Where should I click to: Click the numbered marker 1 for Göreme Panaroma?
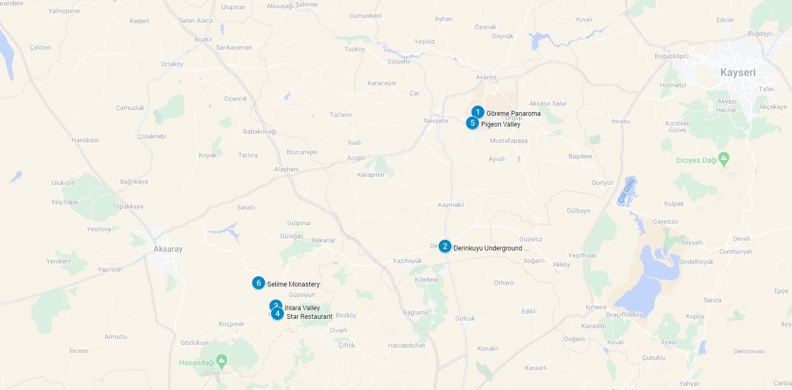click(477, 112)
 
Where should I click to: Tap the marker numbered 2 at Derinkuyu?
click(444, 246)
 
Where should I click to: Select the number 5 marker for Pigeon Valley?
click(473, 123)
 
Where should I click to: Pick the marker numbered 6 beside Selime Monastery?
click(259, 283)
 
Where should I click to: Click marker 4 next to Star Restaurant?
click(277, 314)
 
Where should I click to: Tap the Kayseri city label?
click(738, 72)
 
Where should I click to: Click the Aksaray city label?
click(168, 249)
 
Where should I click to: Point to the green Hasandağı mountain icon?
click(221, 360)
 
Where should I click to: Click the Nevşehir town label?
click(436, 121)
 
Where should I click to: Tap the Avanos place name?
click(486, 77)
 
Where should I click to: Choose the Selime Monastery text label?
click(294, 284)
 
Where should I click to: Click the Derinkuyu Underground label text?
click(491, 248)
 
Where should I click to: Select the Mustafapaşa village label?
click(509, 141)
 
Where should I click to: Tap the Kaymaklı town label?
click(451, 205)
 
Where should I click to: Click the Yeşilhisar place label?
click(583, 255)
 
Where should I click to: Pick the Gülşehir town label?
click(399, 61)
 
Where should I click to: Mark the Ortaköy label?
click(172, 65)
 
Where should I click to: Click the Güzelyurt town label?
click(302, 295)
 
